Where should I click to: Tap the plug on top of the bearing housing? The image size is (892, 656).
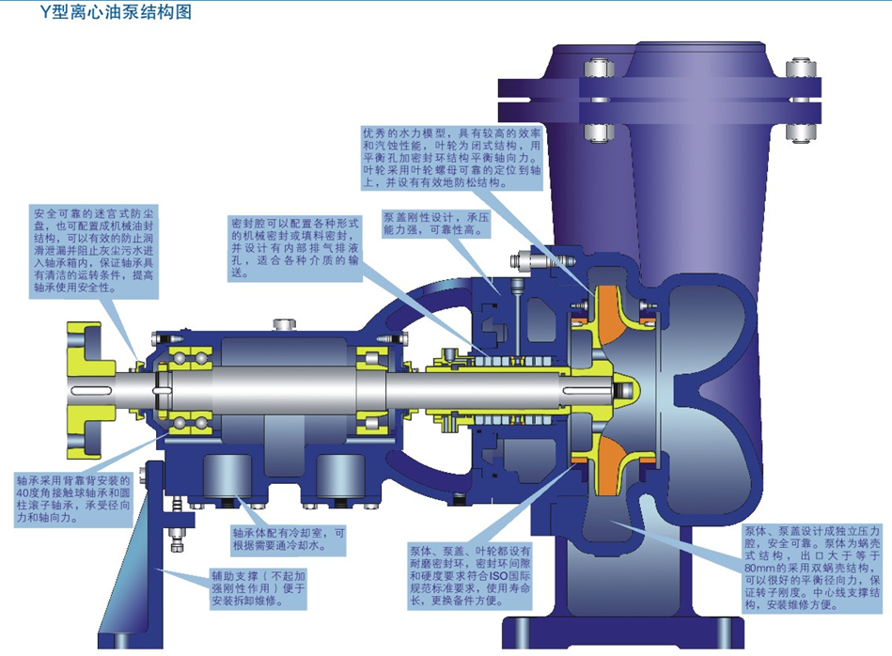[x=283, y=325]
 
